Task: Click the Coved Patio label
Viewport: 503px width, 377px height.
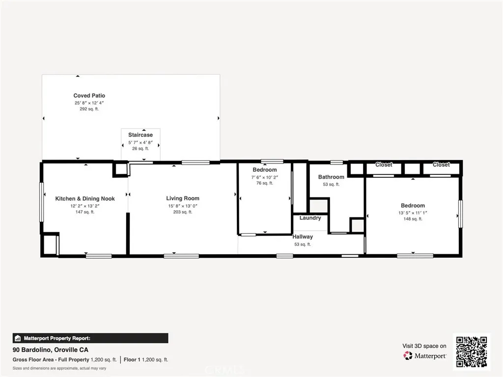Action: [89, 96]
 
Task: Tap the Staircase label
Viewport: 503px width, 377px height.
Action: [140, 135]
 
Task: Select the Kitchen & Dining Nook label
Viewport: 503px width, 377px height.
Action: [85, 198]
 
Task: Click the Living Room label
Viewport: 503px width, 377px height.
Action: [183, 198]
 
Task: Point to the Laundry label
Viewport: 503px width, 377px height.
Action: [310, 218]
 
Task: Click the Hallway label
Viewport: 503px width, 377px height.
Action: [303, 237]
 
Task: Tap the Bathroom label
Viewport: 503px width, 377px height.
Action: [331, 177]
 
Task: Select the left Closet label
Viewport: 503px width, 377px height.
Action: [384, 165]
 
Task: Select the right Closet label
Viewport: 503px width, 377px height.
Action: [441, 165]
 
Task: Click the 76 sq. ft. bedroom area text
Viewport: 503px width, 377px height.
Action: [265, 183]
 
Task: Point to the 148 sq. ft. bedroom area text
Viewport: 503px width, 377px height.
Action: [413, 219]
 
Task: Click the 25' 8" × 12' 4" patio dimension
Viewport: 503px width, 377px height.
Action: [89, 103]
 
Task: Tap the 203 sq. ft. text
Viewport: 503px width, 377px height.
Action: [183, 212]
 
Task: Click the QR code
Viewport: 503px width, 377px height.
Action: [472, 351]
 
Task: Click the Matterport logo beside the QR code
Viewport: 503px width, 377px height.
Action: [425, 355]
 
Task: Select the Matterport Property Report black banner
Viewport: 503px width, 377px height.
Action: [90, 338]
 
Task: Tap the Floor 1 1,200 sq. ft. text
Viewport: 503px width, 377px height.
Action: [146, 360]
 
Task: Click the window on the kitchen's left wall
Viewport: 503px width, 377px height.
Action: [42, 202]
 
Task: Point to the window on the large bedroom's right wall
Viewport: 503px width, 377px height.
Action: [460, 214]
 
